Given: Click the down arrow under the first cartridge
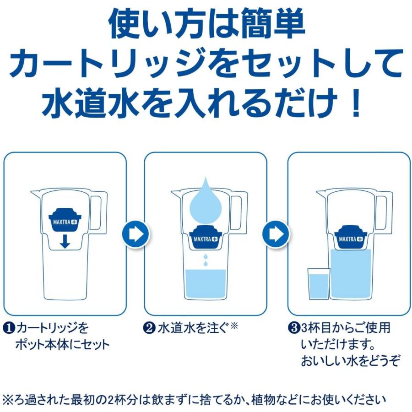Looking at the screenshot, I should [x=65, y=242].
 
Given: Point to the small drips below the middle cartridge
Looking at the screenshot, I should [x=205, y=260].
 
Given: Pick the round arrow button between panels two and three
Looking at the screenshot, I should [x=276, y=234].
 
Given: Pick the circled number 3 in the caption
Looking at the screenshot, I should [x=293, y=328].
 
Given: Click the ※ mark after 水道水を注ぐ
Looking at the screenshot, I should [x=234, y=326].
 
